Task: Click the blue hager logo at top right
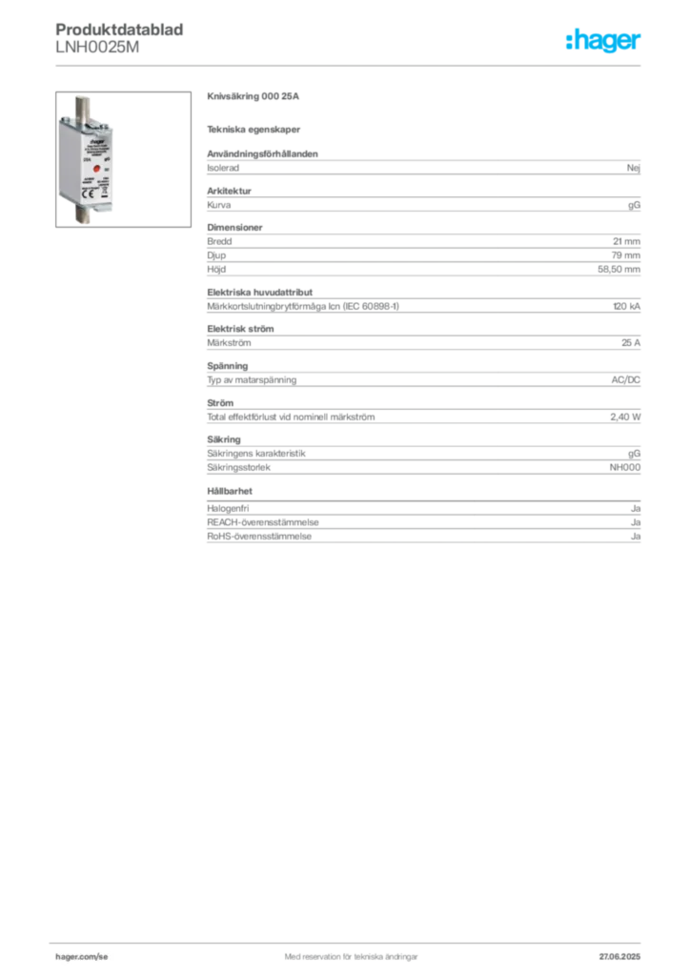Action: click(x=604, y=42)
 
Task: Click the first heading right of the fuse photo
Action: click(x=255, y=97)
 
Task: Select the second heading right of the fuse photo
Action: click(x=255, y=130)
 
